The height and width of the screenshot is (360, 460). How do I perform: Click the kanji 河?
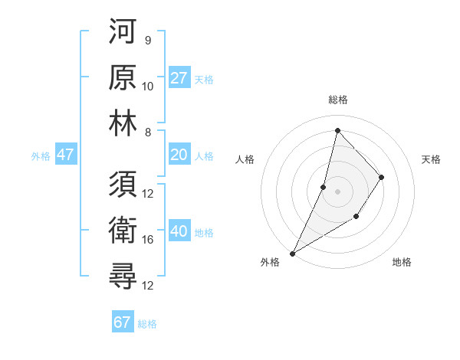click(x=123, y=31)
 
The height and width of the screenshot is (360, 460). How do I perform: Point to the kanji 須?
click(x=123, y=185)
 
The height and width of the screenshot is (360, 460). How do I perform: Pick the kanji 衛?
click(x=123, y=231)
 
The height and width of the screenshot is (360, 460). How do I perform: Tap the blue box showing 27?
click(x=179, y=77)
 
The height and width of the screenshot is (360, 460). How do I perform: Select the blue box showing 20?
click(x=179, y=155)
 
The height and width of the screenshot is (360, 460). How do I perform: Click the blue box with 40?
click(x=179, y=231)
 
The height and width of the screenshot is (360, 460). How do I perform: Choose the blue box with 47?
click(x=66, y=155)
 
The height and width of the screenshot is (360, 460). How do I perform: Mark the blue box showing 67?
click(x=123, y=322)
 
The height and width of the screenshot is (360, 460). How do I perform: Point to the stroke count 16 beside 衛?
click(x=148, y=240)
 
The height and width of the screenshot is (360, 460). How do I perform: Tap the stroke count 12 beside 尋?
click(x=148, y=286)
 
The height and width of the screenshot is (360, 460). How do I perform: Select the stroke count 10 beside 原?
click(x=148, y=86)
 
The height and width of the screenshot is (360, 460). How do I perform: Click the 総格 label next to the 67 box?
click(x=147, y=324)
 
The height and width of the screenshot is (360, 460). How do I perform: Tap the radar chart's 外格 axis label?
click(x=271, y=262)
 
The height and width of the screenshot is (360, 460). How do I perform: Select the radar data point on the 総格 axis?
click(x=337, y=130)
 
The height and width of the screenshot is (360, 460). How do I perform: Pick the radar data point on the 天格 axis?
click(x=381, y=177)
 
